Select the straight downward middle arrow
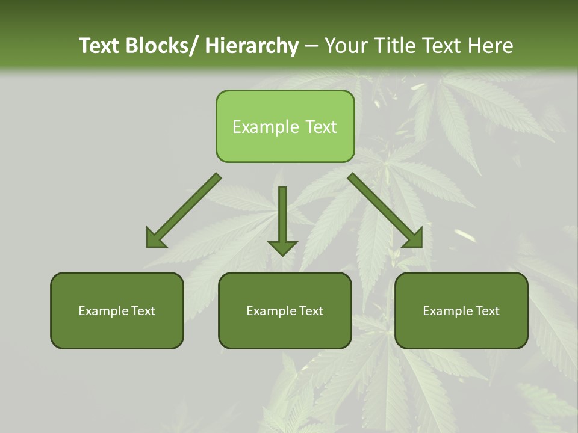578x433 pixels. (282, 216)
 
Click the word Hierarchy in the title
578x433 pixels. (252, 46)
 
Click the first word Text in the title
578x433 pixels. (99, 46)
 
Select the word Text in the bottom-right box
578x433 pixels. (487, 311)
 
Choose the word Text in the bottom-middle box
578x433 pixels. (311, 311)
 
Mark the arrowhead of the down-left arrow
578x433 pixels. (155, 238)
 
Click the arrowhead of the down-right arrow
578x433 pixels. (414, 238)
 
